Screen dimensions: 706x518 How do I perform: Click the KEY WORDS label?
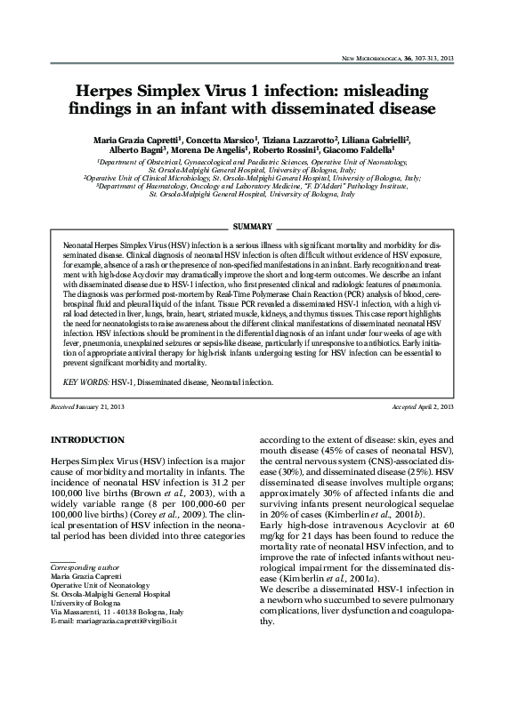click(x=86, y=381)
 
